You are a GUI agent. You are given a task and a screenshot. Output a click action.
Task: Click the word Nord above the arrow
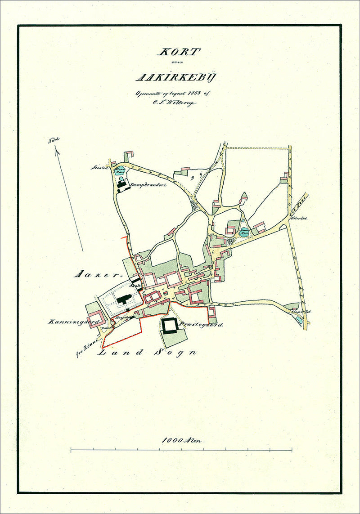point(54,140)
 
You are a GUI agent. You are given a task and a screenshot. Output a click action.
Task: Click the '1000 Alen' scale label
point(183,441)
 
